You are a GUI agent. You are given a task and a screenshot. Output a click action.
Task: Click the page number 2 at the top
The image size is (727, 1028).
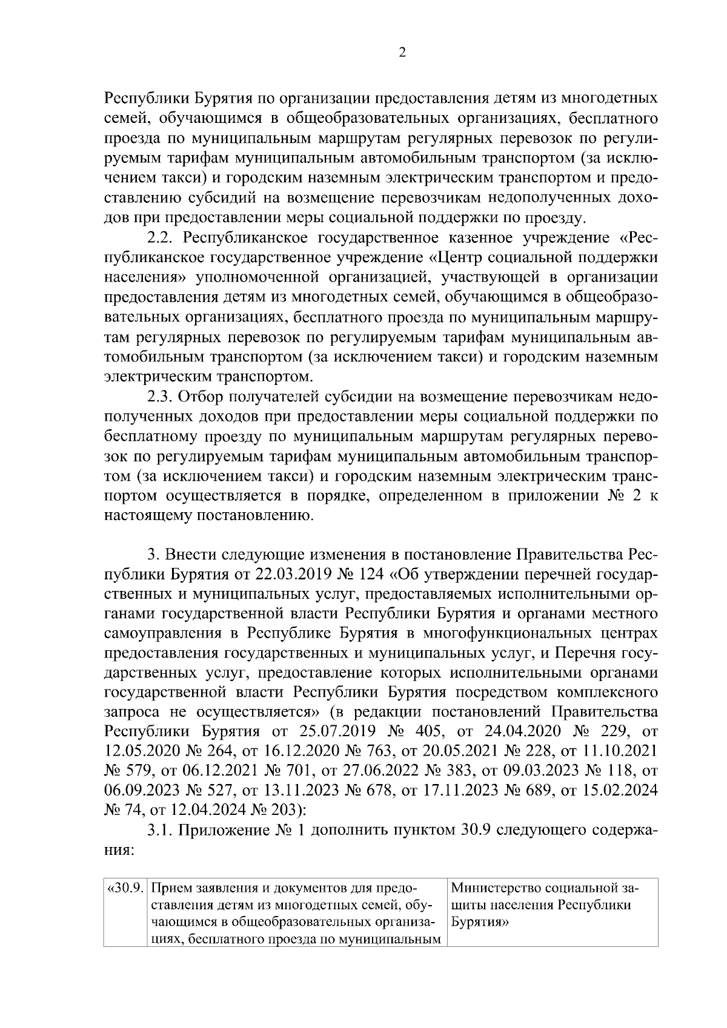pyautogui.click(x=402, y=53)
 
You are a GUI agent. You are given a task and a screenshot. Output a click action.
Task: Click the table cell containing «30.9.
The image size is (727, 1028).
pyautogui.click(x=125, y=889)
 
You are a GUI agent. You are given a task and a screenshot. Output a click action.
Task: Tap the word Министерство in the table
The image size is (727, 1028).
pyautogui.click(x=497, y=889)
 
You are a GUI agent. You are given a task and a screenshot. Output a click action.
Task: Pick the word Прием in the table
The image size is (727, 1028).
pyautogui.click(x=171, y=889)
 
